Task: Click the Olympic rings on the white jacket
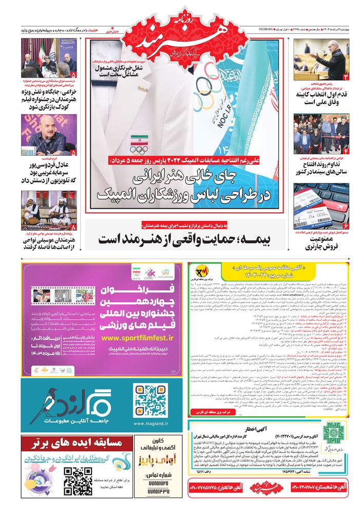click(x=139, y=150)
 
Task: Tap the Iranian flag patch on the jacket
click(x=139, y=139)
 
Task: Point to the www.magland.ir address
click(x=150, y=424)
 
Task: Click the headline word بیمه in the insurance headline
click(x=262, y=238)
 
